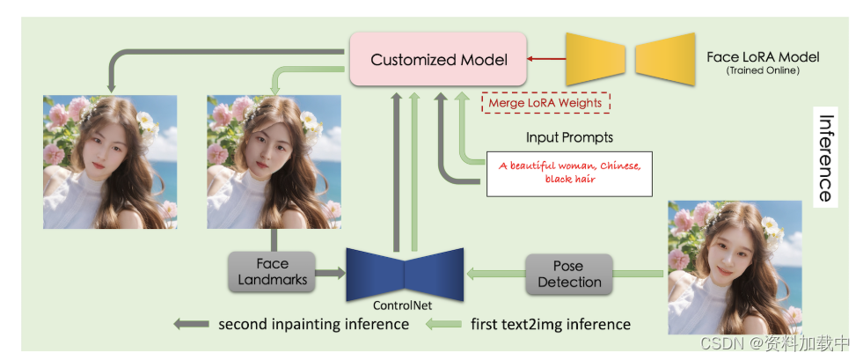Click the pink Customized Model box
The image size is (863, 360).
coord(438,60)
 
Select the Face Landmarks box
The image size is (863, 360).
coord(272,272)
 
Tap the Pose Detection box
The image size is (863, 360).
coord(568,274)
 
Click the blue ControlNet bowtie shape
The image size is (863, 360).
coord(405,272)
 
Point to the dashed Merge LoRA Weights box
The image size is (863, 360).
coord(545,103)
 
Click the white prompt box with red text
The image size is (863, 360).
coord(569,173)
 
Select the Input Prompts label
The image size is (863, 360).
coord(569,137)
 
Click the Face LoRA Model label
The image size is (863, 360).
coord(763,57)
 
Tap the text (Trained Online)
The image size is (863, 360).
coord(763,70)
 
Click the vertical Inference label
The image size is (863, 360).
coord(824,158)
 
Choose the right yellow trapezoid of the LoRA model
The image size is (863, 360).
coord(664,59)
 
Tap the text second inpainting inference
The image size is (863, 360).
coord(313,324)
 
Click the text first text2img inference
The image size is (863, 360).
coord(551,324)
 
